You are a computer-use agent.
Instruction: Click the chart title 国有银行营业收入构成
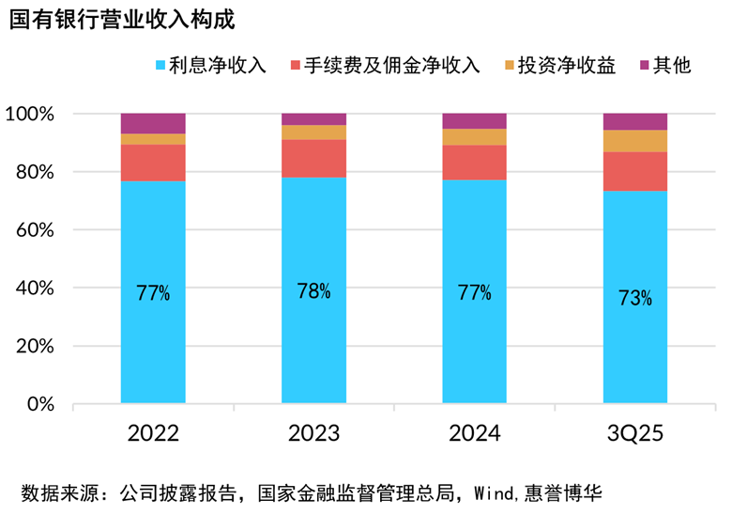(x=122, y=20)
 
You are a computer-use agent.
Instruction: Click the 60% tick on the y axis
(x=36, y=230)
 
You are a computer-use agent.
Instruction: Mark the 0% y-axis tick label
(x=40, y=405)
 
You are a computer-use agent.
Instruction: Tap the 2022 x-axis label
(x=154, y=434)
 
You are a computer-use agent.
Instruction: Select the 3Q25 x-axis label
(x=635, y=434)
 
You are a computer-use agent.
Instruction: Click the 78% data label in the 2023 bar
(x=313, y=291)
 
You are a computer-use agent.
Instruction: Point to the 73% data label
(x=635, y=299)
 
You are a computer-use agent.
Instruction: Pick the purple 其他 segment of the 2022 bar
(x=153, y=123)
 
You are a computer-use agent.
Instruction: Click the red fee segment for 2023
(x=313, y=159)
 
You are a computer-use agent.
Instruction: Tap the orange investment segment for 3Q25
(x=635, y=141)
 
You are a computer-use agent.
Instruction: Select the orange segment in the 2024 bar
(x=475, y=137)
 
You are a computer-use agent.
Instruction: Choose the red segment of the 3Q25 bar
(x=635, y=171)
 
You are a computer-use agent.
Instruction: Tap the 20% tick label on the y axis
(x=36, y=347)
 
